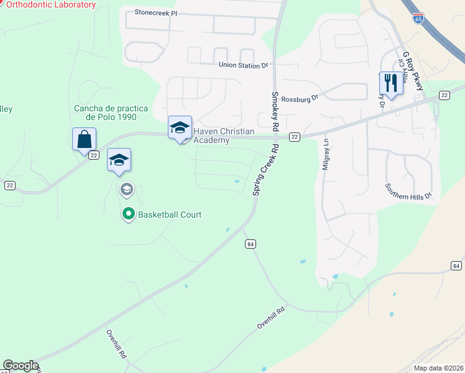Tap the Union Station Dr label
(243, 65)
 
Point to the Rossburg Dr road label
(300, 98)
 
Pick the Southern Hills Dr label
(408, 192)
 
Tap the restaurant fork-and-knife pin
(390, 83)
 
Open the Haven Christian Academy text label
(215, 136)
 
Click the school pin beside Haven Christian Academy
(180, 128)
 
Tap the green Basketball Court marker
(129, 214)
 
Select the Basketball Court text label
(170, 215)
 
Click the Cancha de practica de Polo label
(105, 113)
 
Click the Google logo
(21, 366)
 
